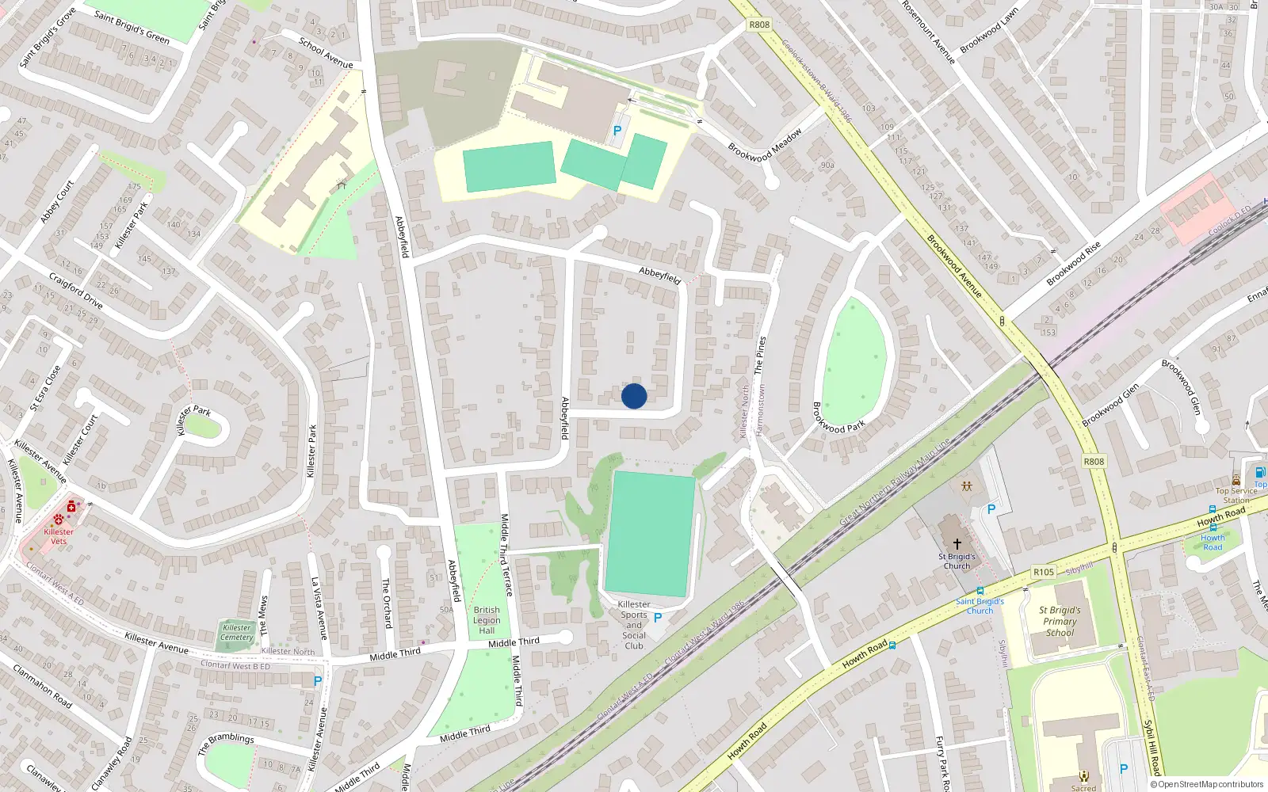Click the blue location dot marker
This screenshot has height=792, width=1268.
(x=634, y=396)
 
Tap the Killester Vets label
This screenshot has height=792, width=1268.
(x=59, y=536)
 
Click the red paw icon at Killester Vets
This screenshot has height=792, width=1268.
(x=59, y=520)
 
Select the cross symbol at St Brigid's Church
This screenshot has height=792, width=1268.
(x=957, y=544)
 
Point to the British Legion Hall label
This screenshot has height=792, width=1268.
(x=487, y=620)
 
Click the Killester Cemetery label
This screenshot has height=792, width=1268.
(x=237, y=632)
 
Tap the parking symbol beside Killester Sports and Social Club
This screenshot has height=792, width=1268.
(x=658, y=618)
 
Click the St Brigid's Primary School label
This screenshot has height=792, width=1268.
(x=1060, y=621)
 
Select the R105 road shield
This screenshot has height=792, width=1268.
(x=1044, y=572)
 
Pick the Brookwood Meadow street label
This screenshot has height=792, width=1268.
(x=765, y=146)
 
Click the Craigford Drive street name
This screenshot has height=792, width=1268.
(x=76, y=290)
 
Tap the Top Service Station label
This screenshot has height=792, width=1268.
(x=1236, y=495)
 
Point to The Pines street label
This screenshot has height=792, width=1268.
(x=760, y=355)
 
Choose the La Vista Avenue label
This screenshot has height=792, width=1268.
(x=319, y=608)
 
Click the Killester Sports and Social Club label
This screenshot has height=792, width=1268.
(x=634, y=625)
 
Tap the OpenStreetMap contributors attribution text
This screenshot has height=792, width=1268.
(x=1207, y=784)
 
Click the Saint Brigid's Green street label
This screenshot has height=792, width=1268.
(x=132, y=27)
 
